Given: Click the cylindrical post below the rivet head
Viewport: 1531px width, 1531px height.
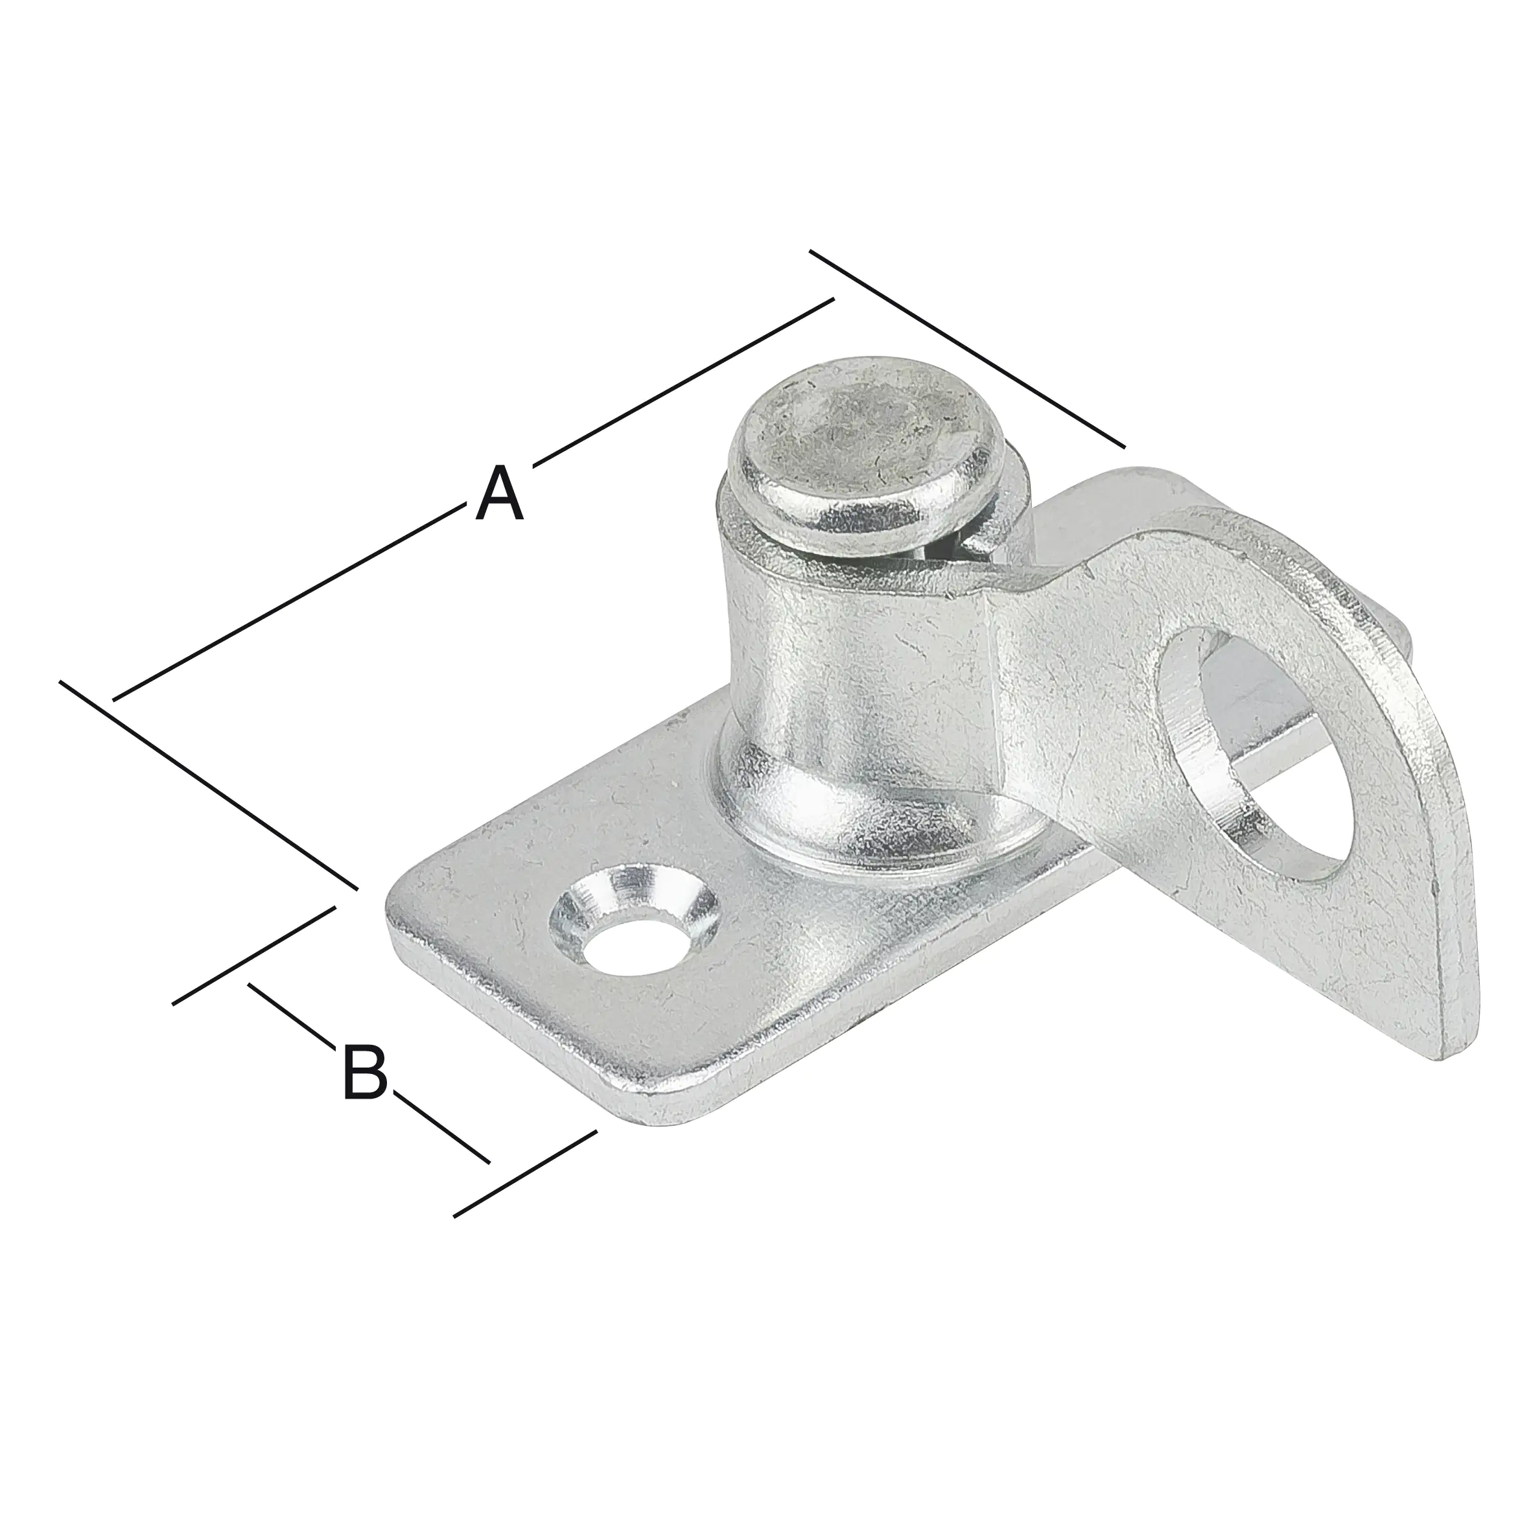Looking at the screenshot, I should click(856, 658).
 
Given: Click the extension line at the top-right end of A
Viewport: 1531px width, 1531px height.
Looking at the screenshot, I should click(967, 349).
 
